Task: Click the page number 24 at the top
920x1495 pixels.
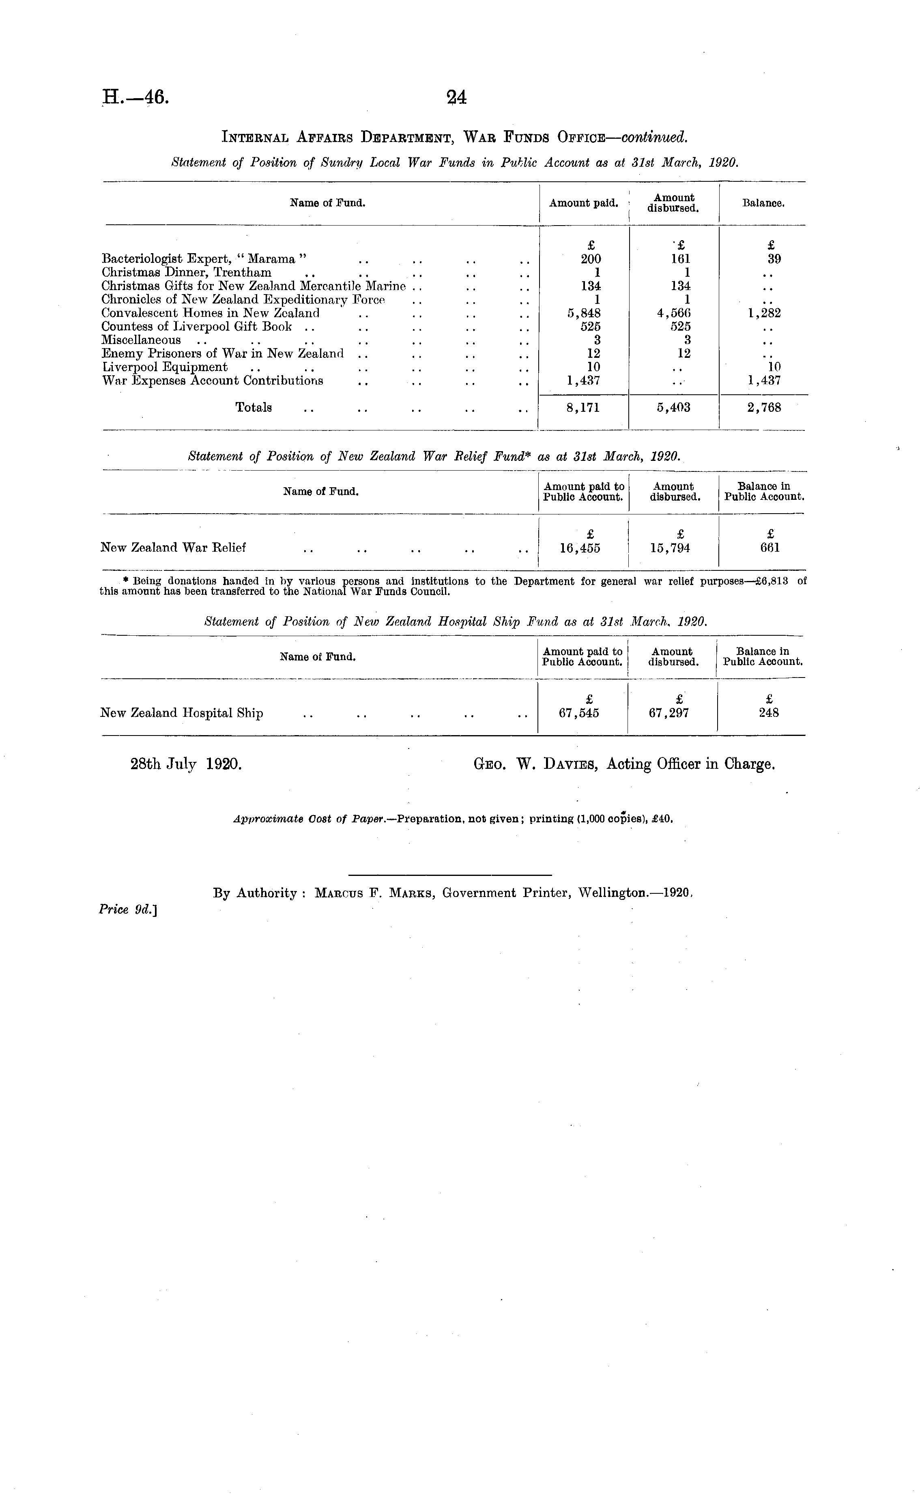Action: (456, 97)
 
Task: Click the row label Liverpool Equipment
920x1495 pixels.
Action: (164, 367)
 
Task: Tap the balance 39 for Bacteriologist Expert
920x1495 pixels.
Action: (774, 258)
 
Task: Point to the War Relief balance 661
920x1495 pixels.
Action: (770, 548)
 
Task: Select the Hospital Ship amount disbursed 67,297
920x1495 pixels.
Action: (669, 713)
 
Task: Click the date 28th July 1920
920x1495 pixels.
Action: (186, 764)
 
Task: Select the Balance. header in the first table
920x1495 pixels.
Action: (763, 203)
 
